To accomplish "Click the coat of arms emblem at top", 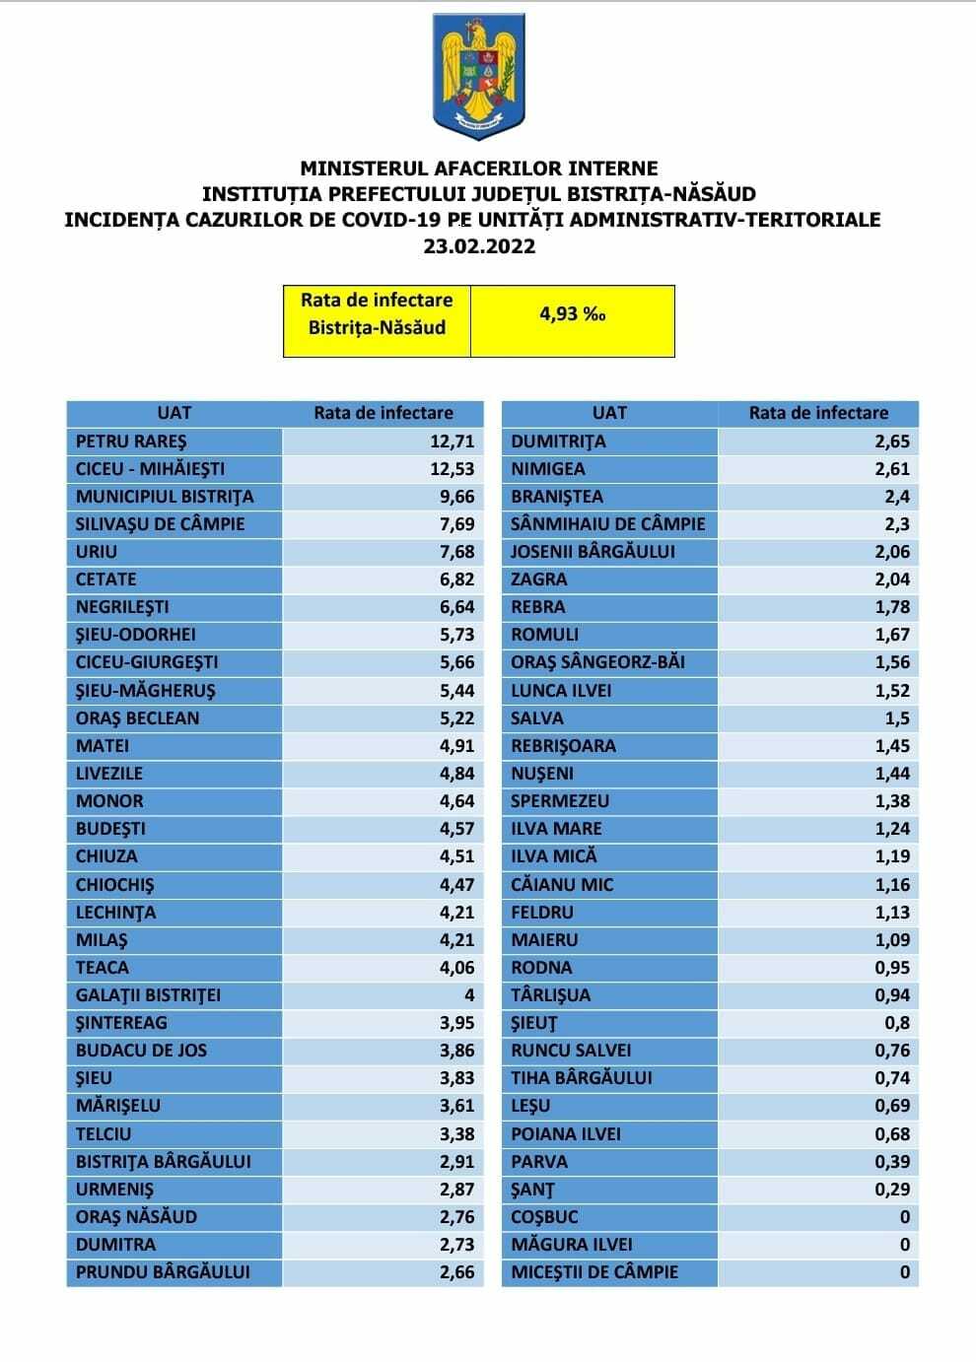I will point(478,77).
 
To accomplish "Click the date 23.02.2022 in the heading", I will point(479,246).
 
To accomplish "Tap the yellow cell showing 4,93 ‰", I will point(572,314).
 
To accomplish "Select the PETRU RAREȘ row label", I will point(131,442).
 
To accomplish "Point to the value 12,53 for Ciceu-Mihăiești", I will point(452,469).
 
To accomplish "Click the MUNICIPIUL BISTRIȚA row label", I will point(165,497).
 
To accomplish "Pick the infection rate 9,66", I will point(456,497).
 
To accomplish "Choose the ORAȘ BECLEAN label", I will point(137,717).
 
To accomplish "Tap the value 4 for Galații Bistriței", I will point(469,994).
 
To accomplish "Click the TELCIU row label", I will point(104,1133).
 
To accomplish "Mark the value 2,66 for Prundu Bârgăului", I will point(456,1271).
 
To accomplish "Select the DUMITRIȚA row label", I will point(558,442).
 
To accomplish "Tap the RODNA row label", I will point(541,967).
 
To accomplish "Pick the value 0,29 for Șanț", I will point(892,1189).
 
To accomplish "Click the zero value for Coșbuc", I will point(905,1216).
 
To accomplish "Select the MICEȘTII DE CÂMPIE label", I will point(594,1271).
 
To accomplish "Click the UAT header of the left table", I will point(174,413).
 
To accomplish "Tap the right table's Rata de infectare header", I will point(818,413).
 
